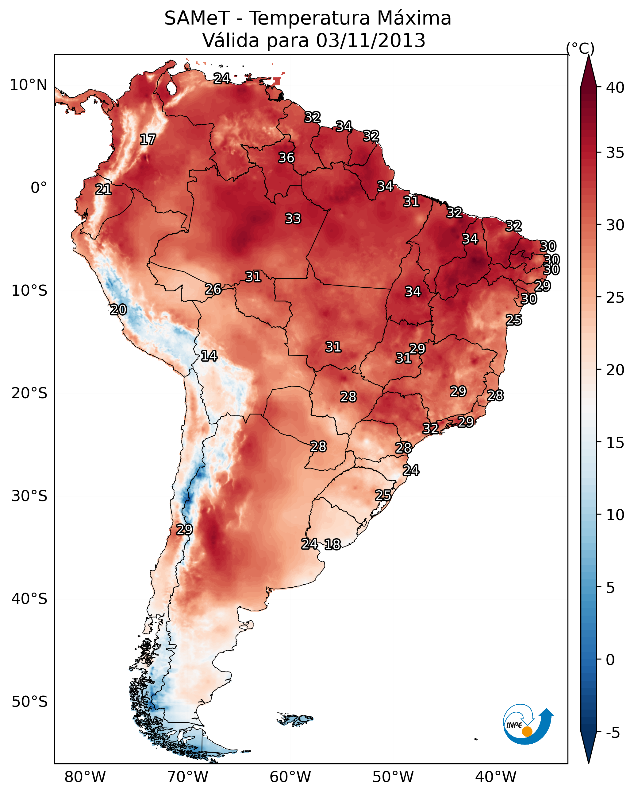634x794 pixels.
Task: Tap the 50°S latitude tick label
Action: tap(29, 702)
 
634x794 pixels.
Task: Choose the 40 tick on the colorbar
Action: tap(615, 88)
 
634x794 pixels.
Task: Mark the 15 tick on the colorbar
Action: tap(615, 443)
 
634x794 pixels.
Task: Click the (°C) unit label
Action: tap(580, 48)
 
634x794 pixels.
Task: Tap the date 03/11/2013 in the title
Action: tap(371, 41)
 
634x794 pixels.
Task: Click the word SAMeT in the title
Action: tap(197, 18)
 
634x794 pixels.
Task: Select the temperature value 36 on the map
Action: tap(286, 158)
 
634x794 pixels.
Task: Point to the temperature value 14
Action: tap(209, 356)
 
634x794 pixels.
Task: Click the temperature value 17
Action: tap(148, 140)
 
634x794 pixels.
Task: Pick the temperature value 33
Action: tap(293, 218)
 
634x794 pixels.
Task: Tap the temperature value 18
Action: tap(332, 544)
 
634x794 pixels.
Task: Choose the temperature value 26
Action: tap(213, 289)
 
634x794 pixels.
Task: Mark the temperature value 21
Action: tap(103, 189)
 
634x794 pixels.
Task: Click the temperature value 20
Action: tap(118, 310)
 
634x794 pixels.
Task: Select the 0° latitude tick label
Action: tap(39, 188)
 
